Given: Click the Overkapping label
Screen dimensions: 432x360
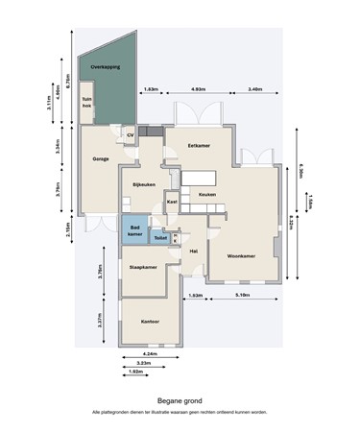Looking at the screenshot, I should coord(104,69).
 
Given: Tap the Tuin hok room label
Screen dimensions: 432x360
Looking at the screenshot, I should coord(86,103).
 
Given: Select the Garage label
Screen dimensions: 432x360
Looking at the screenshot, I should coord(100,157).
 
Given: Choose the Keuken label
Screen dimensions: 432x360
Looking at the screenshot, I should coord(206,195).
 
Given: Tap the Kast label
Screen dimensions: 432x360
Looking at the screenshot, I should coord(172,203).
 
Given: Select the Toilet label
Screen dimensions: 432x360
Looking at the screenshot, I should coord(160,235).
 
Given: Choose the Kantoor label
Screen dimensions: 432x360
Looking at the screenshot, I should coord(149,322).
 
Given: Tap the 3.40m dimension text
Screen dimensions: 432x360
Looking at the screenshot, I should coord(254,89).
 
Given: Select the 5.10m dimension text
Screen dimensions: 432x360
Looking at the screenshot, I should coord(244,295).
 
